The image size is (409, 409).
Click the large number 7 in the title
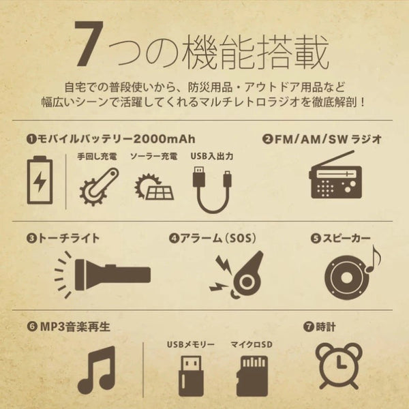[89, 44]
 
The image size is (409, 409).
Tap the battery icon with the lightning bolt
[40, 180]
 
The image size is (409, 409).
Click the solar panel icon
[154, 187]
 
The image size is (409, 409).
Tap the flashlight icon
[102, 275]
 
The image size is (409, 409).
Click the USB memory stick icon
[190, 376]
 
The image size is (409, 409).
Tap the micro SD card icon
[252, 376]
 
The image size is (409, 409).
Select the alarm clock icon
[339, 366]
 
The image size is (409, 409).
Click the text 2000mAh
[164, 139]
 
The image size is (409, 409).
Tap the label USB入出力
[211, 156]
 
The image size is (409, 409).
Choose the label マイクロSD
[252, 344]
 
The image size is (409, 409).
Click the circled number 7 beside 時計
[309, 327]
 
